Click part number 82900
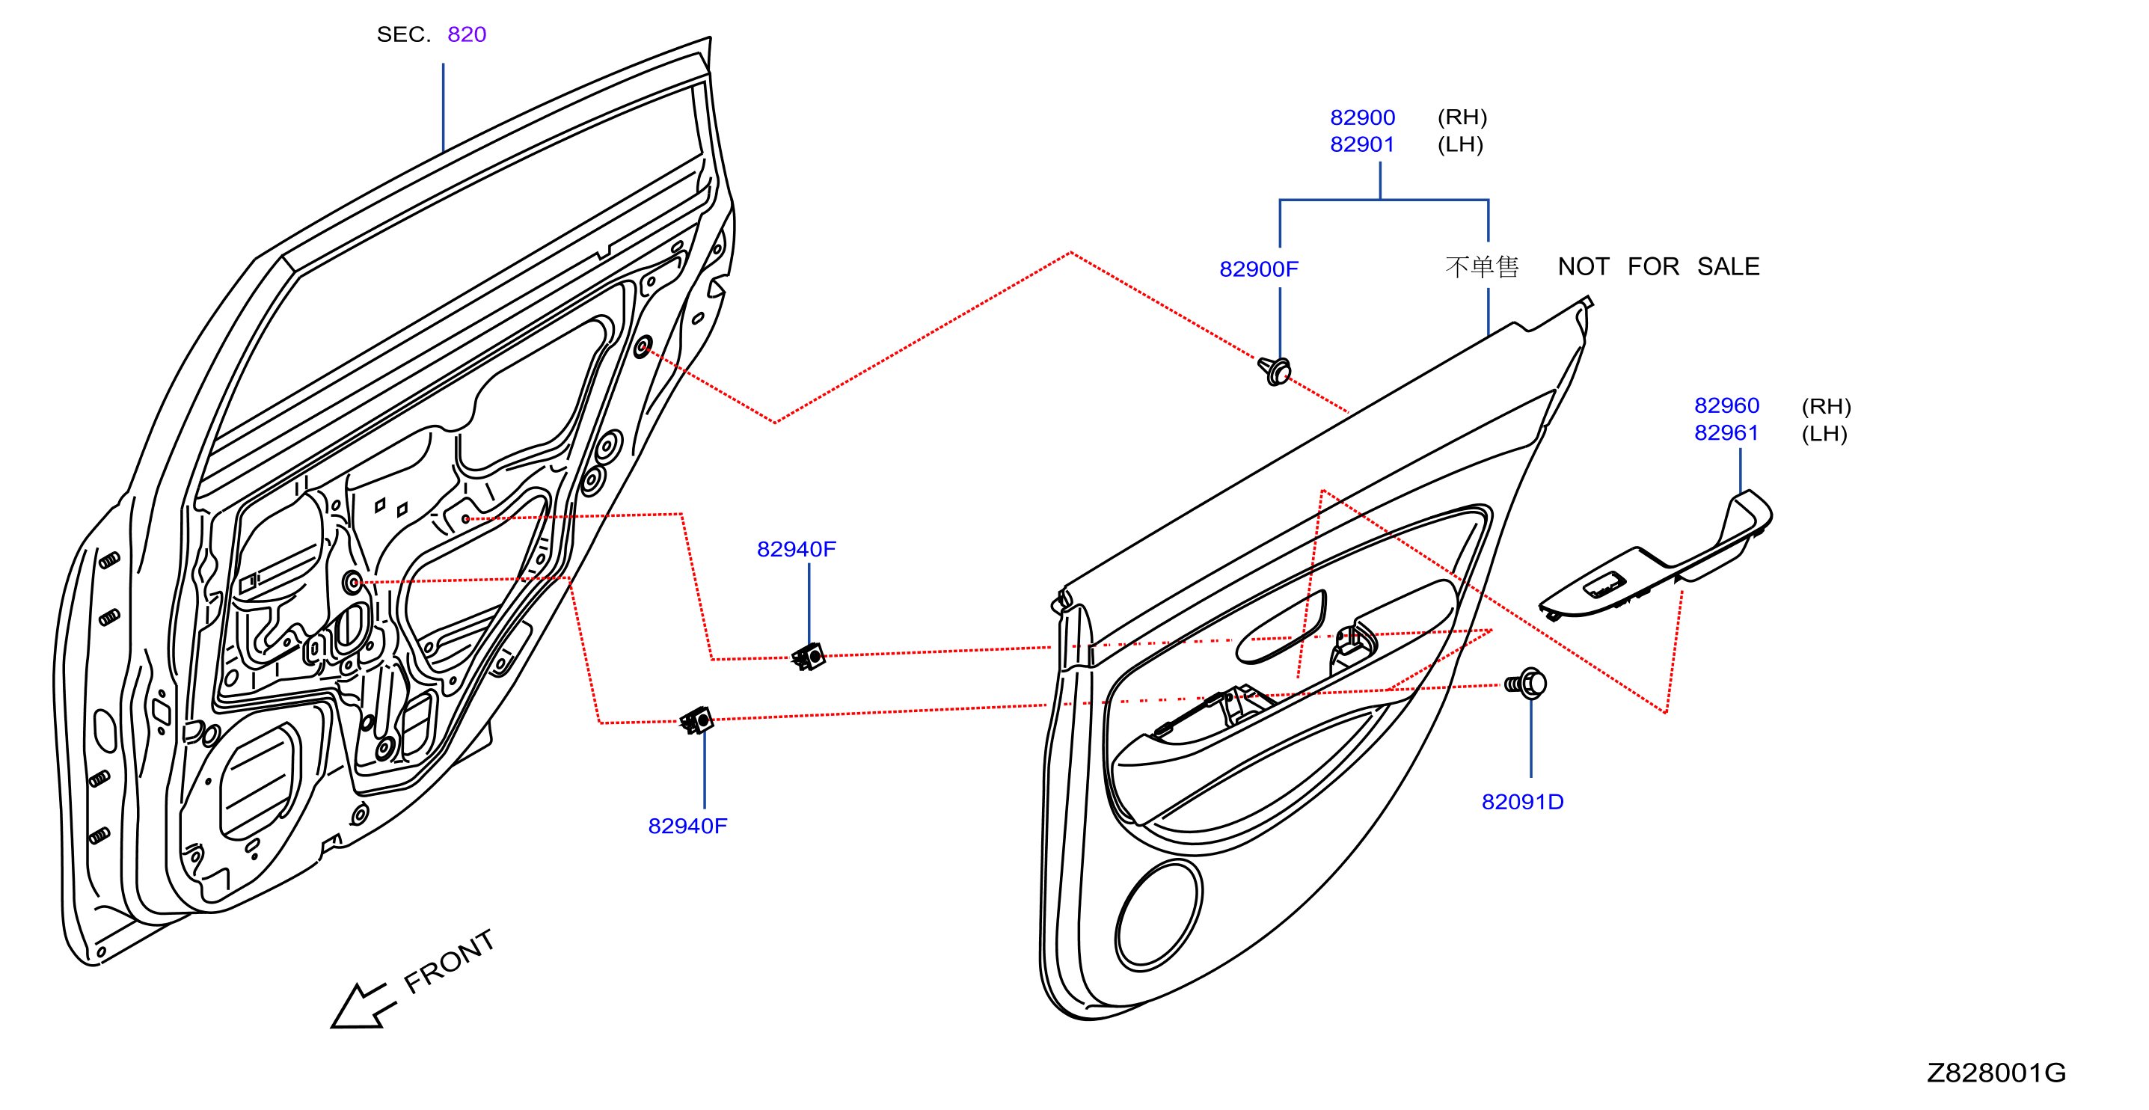click(1361, 117)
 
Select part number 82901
click(1361, 144)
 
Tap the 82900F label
click(1258, 269)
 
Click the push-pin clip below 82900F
click(1275, 370)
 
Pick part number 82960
click(1726, 405)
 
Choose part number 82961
click(1726, 433)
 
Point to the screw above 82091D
click(1525, 684)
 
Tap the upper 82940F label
click(796, 549)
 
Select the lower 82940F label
click(687, 826)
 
